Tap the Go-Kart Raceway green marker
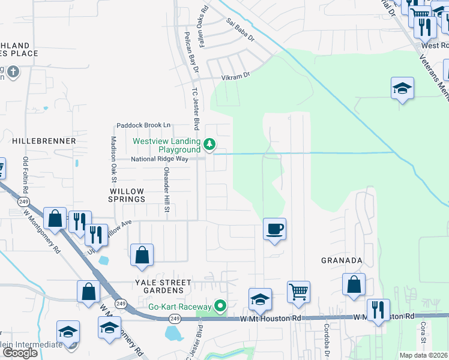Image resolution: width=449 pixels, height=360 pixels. tap(220, 306)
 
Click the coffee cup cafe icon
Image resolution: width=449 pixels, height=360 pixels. tap(274, 229)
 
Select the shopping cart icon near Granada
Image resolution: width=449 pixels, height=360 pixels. tap(298, 292)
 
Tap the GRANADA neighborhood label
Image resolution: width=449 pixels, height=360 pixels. tap(342, 260)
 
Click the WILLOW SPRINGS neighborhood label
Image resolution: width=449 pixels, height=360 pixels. tap(127, 194)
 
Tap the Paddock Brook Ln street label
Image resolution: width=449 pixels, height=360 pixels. tap(143, 125)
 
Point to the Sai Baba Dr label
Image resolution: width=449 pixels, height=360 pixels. tap(241, 32)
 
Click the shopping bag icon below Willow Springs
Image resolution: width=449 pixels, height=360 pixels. tap(142, 255)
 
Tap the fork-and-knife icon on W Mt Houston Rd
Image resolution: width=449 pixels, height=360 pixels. tap(378, 310)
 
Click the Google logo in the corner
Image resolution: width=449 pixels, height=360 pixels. tap(20, 353)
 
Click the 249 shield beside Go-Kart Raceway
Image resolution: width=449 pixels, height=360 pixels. tap(175, 318)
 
